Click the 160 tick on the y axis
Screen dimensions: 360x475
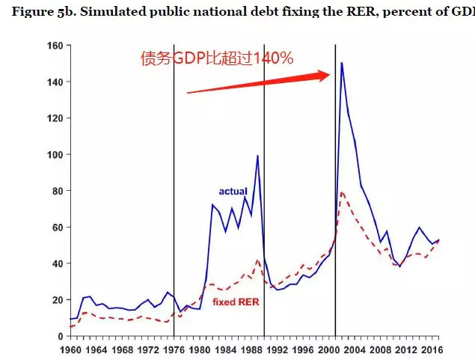(x=53, y=45)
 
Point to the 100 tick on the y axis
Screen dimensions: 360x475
(x=53, y=154)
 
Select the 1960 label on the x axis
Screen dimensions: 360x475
(x=70, y=349)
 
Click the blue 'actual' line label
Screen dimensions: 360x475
(x=233, y=192)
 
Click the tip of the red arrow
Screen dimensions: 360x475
(x=330, y=73)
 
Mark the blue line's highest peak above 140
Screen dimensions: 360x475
(x=341, y=63)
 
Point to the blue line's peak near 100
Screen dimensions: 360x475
(x=257, y=156)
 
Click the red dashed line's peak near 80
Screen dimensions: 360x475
(x=342, y=192)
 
